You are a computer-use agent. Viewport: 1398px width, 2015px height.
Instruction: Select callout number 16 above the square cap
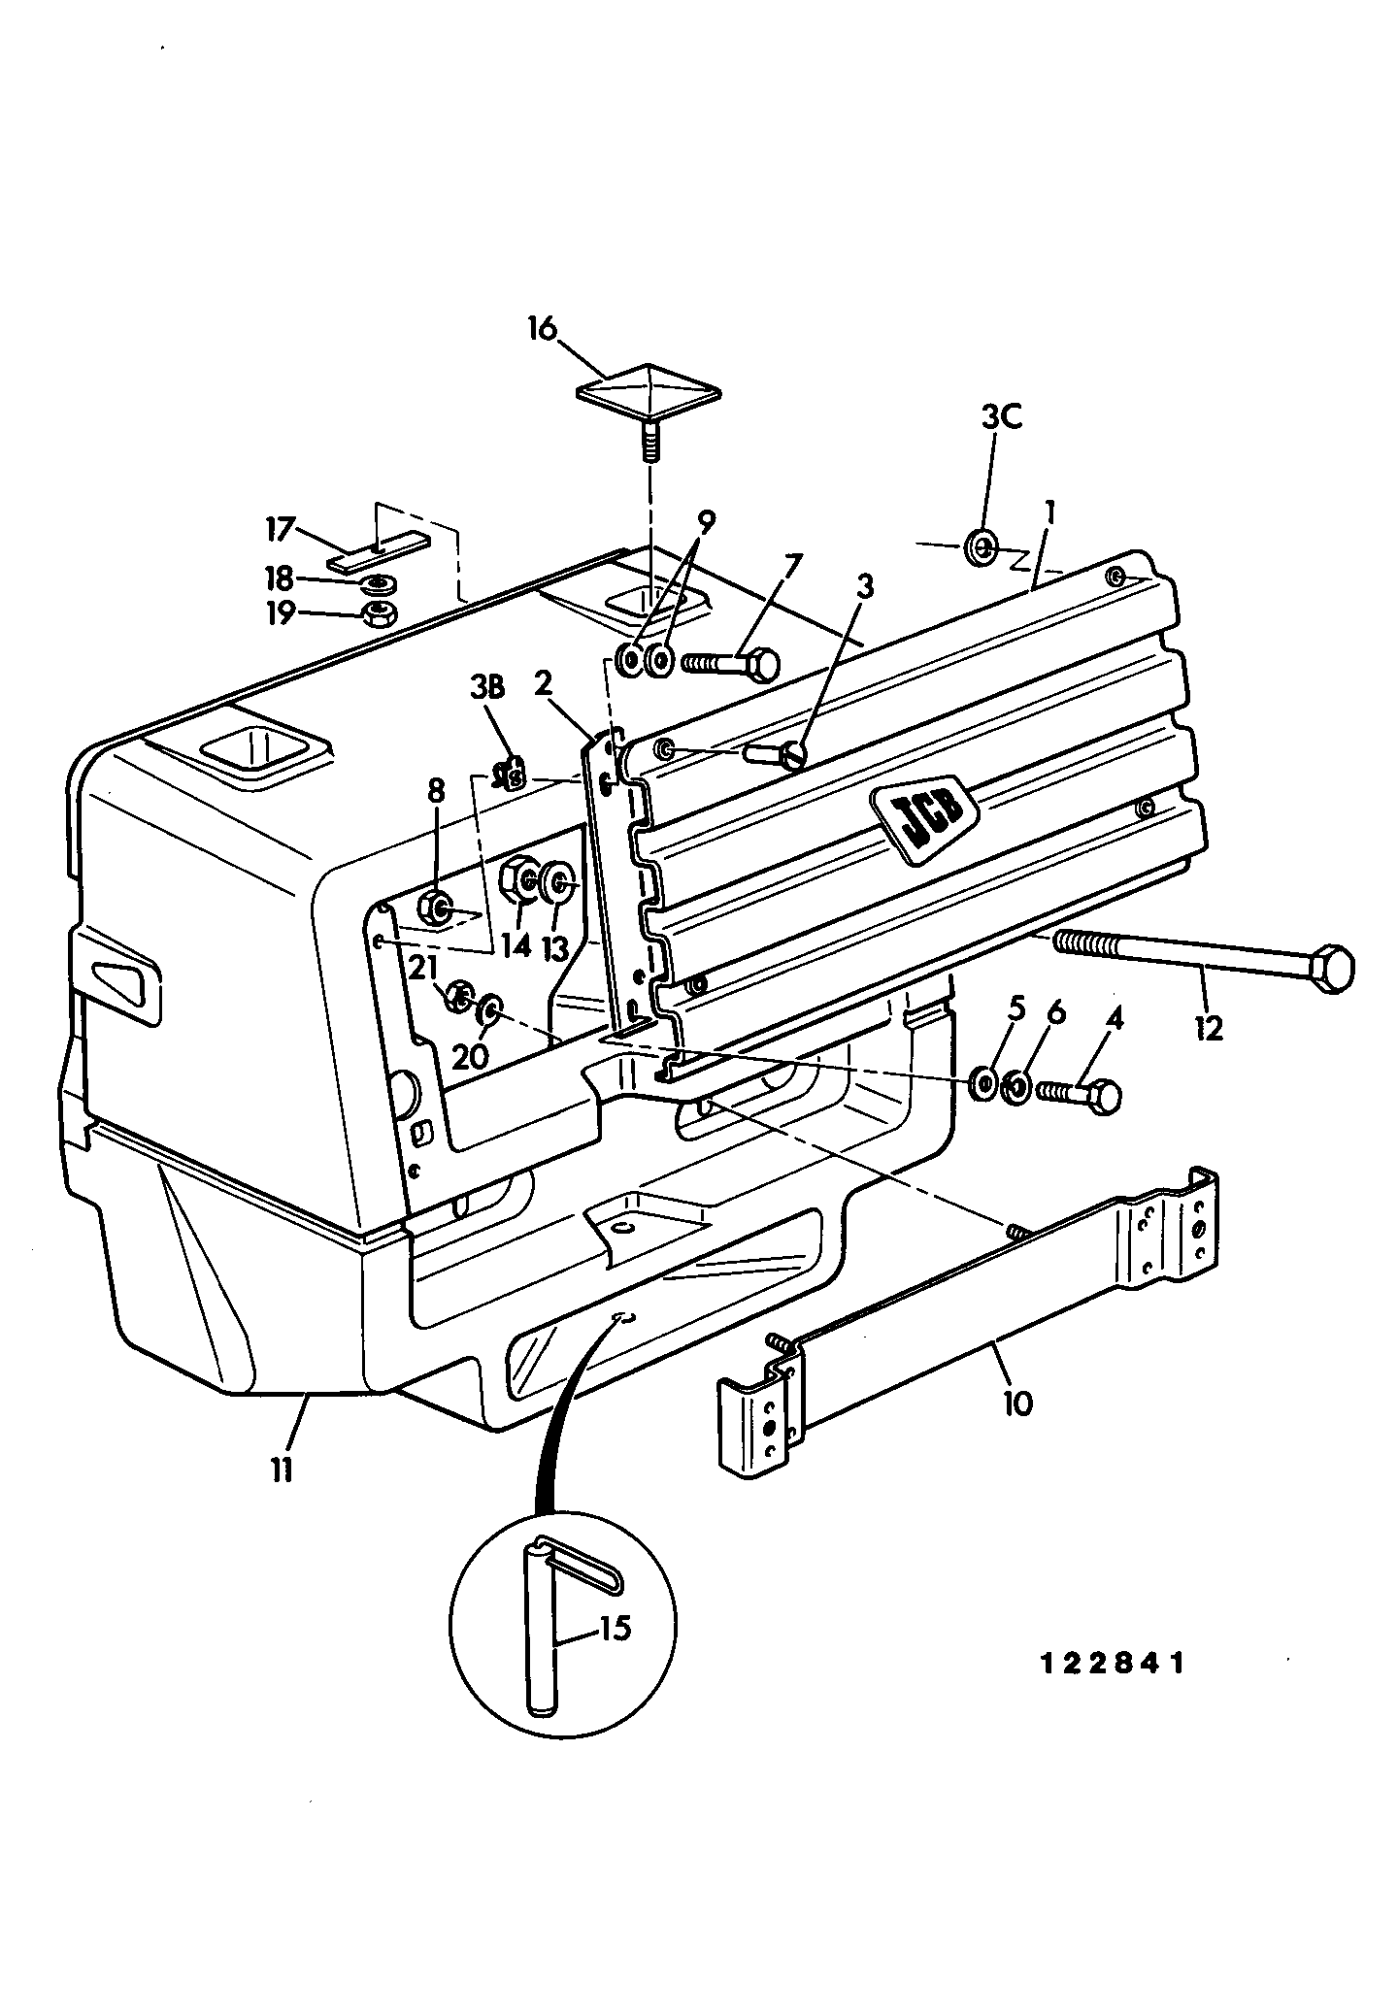pyautogui.click(x=543, y=329)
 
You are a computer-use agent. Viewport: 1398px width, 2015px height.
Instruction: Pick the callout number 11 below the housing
pyautogui.click(x=281, y=1471)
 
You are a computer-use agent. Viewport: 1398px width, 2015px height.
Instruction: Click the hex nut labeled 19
pyautogui.click(x=375, y=613)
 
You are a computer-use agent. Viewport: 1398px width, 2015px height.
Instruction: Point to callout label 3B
pyautogui.click(x=487, y=688)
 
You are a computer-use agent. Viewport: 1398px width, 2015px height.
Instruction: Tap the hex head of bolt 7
pyautogui.click(x=763, y=664)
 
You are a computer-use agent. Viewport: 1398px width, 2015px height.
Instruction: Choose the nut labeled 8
pyautogui.click(x=435, y=908)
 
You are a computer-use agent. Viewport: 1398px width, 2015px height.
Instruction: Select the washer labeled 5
pyautogui.click(x=982, y=1082)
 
